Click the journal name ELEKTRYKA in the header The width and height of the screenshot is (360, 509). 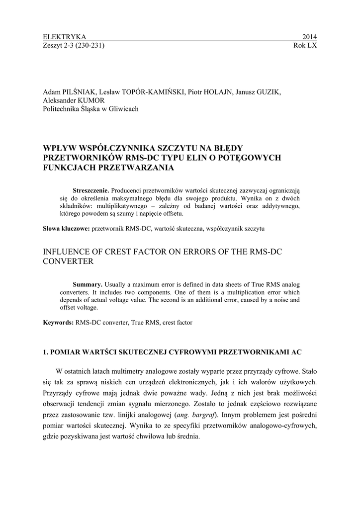[65, 37]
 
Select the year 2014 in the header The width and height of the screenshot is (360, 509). [309, 37]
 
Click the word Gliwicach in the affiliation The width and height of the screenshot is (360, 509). [123, 109]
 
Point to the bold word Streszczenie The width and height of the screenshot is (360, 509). [91, 190]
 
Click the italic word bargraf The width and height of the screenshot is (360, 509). [205, 414]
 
